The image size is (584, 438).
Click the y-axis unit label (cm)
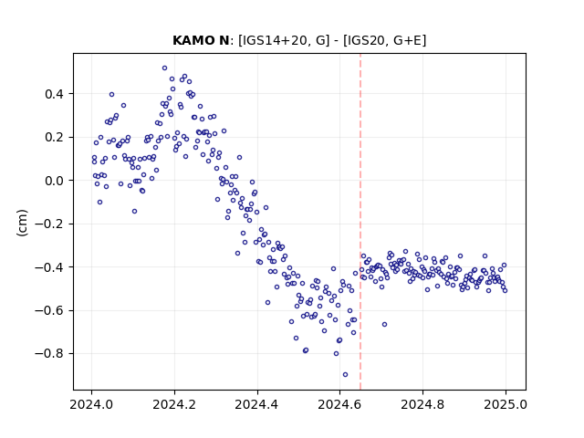pos(22,223)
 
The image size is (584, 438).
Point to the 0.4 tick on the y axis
pos(54,94)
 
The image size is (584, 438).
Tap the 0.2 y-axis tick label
pos(54,138)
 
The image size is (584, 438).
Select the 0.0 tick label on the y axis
pos(54,181)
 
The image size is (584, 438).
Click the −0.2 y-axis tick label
pos(49,224)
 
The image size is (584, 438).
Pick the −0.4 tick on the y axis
pos(49,267)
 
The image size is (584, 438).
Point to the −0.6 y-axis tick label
pos(49,310)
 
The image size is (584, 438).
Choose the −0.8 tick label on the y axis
pos(49,354)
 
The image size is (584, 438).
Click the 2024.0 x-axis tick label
pos(91,404)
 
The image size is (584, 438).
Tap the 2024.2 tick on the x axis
pos(174,404)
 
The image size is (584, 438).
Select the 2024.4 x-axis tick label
pos(257,404)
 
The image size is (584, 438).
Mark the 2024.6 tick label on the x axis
pos(339,404)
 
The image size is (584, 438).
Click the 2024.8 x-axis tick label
pos(422,404)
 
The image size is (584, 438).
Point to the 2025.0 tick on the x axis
pos(506,404)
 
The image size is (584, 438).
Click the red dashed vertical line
pos(360,222)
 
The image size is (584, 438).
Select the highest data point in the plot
pos(164,68)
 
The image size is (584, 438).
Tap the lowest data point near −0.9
pos(345,375)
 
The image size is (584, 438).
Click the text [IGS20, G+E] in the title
pos(384,40)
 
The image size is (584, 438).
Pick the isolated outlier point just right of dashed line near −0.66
pos(384,325)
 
